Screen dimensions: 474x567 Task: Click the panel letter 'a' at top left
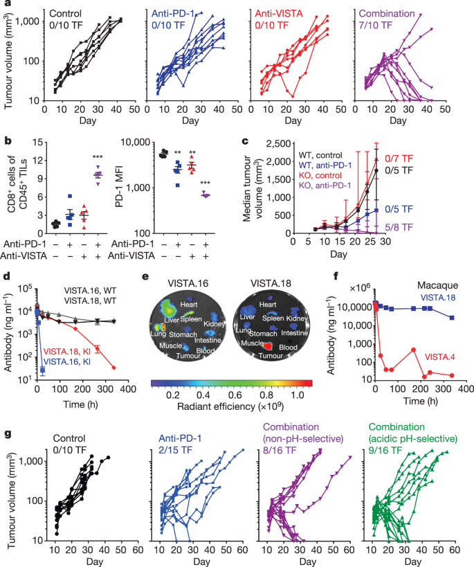[8, 3]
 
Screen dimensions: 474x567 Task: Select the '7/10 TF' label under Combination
[375, 25]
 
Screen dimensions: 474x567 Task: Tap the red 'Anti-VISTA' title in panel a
[279, 14]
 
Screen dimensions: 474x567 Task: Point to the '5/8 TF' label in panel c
[399, 227]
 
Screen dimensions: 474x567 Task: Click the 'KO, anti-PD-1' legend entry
[325, 186]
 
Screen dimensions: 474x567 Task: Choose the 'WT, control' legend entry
[320, 155]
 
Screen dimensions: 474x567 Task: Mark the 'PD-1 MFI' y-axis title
[119, 187]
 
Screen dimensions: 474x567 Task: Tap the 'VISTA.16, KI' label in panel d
[67, 361]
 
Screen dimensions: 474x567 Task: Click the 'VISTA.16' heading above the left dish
[188, 283]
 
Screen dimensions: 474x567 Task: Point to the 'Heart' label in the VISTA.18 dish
[268, 305]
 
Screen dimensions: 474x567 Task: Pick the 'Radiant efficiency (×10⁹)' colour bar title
[230, 406]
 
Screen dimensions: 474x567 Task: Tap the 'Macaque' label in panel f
[437, 285]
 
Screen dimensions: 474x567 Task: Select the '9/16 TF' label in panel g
[385, 450]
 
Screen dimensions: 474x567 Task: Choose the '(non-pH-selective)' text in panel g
[303, 439]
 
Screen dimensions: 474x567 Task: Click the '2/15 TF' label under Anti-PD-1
[175, 450]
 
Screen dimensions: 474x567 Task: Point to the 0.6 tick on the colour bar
[235, 395]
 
